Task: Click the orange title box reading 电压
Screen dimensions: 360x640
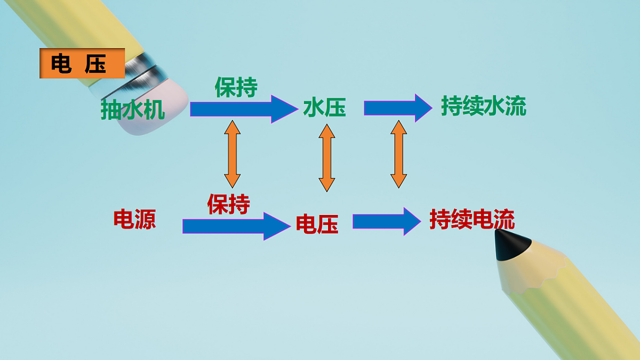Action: [82, 63]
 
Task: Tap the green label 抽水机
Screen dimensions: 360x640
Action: [133, 110]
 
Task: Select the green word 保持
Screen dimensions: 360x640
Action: [236, 87]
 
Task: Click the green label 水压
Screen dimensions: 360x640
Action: [324, 108]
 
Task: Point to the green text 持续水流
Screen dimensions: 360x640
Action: [483, 107]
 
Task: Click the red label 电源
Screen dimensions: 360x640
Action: [134, 219]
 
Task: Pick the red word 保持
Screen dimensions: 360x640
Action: [229, 204]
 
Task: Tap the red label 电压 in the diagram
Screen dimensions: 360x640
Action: [317, 225]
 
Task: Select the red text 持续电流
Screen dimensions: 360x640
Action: [472, 220]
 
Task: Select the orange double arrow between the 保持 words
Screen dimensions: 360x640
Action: [233, 153]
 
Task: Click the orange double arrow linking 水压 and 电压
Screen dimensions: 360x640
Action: [326, 157]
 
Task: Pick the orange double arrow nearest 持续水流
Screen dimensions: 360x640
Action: [398, 154]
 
